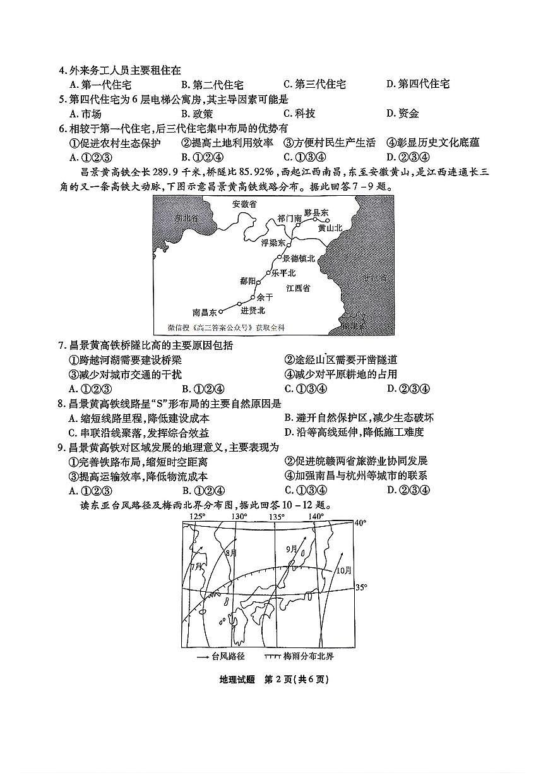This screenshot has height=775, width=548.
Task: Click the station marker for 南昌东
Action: (x=222, y=311)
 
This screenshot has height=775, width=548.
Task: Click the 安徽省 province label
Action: (x=244, y=204)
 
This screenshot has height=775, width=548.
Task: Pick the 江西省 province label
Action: (x=298, y=288)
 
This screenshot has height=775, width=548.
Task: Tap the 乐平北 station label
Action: (x=283, y=273)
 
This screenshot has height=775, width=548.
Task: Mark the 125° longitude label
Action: (x=198, y=517)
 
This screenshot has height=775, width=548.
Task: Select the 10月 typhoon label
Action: (x=343, y=570)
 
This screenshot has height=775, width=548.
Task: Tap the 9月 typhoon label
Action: (x=290, y=550)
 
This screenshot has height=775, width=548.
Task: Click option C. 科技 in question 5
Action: (x=299, y=114)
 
